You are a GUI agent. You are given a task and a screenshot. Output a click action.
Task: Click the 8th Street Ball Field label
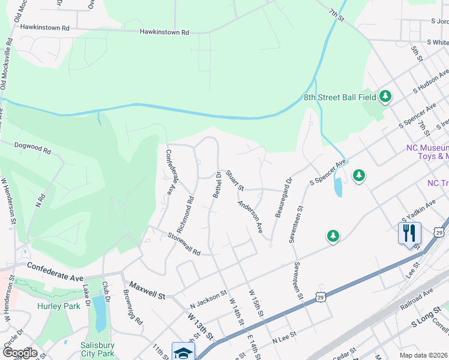339,97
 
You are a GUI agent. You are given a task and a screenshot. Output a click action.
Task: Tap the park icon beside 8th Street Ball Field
385,96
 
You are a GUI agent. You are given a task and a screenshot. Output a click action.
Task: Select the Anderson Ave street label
251,217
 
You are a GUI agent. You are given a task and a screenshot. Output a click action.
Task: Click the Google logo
20,353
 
